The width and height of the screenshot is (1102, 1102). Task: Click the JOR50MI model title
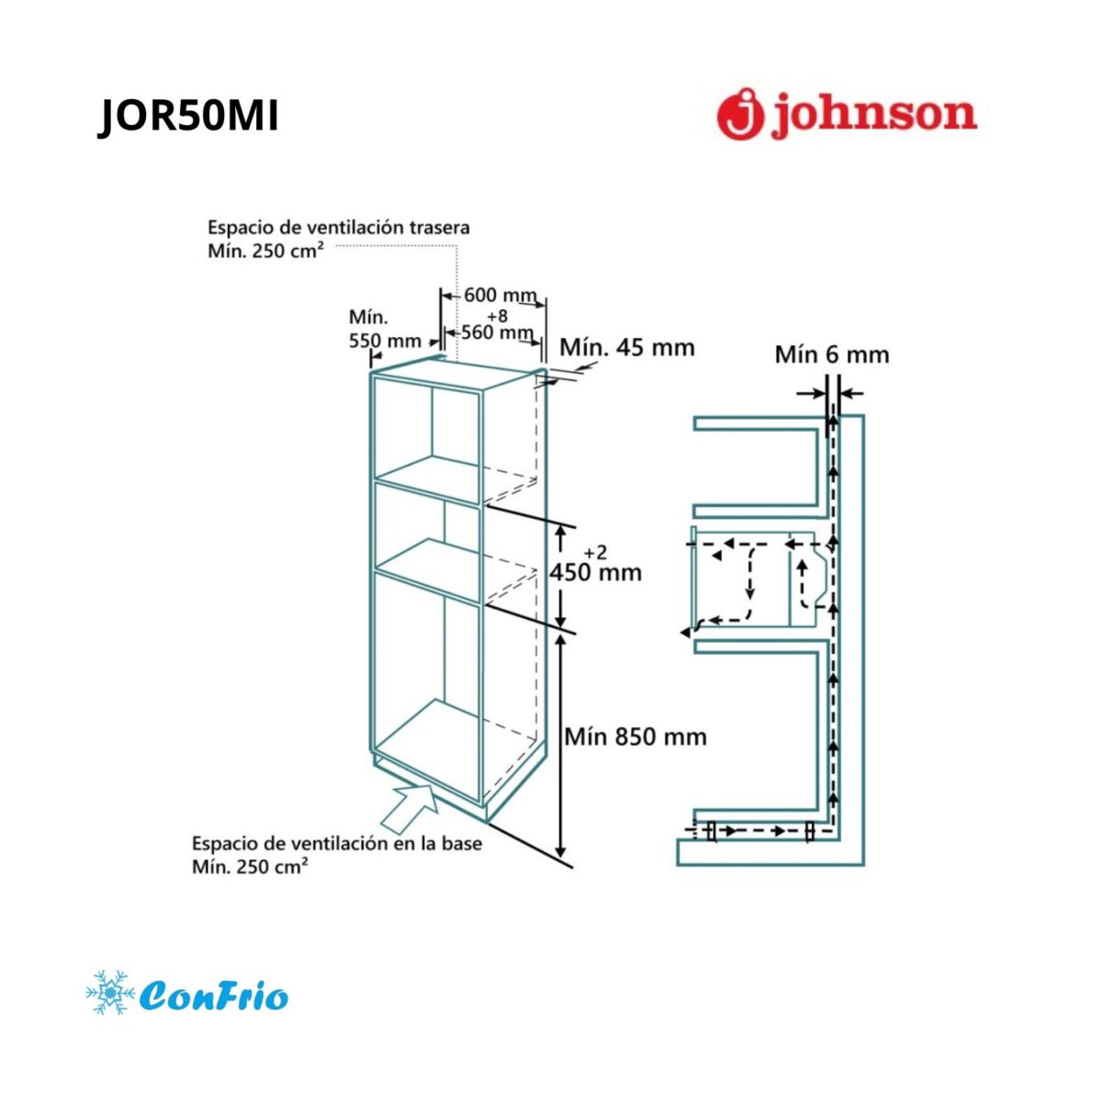point(188,117)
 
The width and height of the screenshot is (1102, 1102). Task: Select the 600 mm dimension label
point(500,295)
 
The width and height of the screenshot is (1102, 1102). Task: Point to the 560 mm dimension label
point(497,332)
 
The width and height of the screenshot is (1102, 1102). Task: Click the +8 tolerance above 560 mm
point(498,316)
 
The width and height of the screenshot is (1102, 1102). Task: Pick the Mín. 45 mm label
point(627,348)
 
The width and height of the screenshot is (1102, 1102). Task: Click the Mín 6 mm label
point(832,355)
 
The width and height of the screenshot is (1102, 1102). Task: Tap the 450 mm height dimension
point(596,572)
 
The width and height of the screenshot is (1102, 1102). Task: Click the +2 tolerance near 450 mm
point(595,553)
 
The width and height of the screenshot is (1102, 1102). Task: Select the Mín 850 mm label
point(635,737)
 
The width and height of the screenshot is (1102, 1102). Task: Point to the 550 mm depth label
point(385,341)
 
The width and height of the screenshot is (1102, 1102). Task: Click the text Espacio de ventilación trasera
point(339,228)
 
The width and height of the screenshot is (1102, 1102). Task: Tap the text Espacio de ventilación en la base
point(337,844)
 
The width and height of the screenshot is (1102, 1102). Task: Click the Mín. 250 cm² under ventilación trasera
point(263,251)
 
